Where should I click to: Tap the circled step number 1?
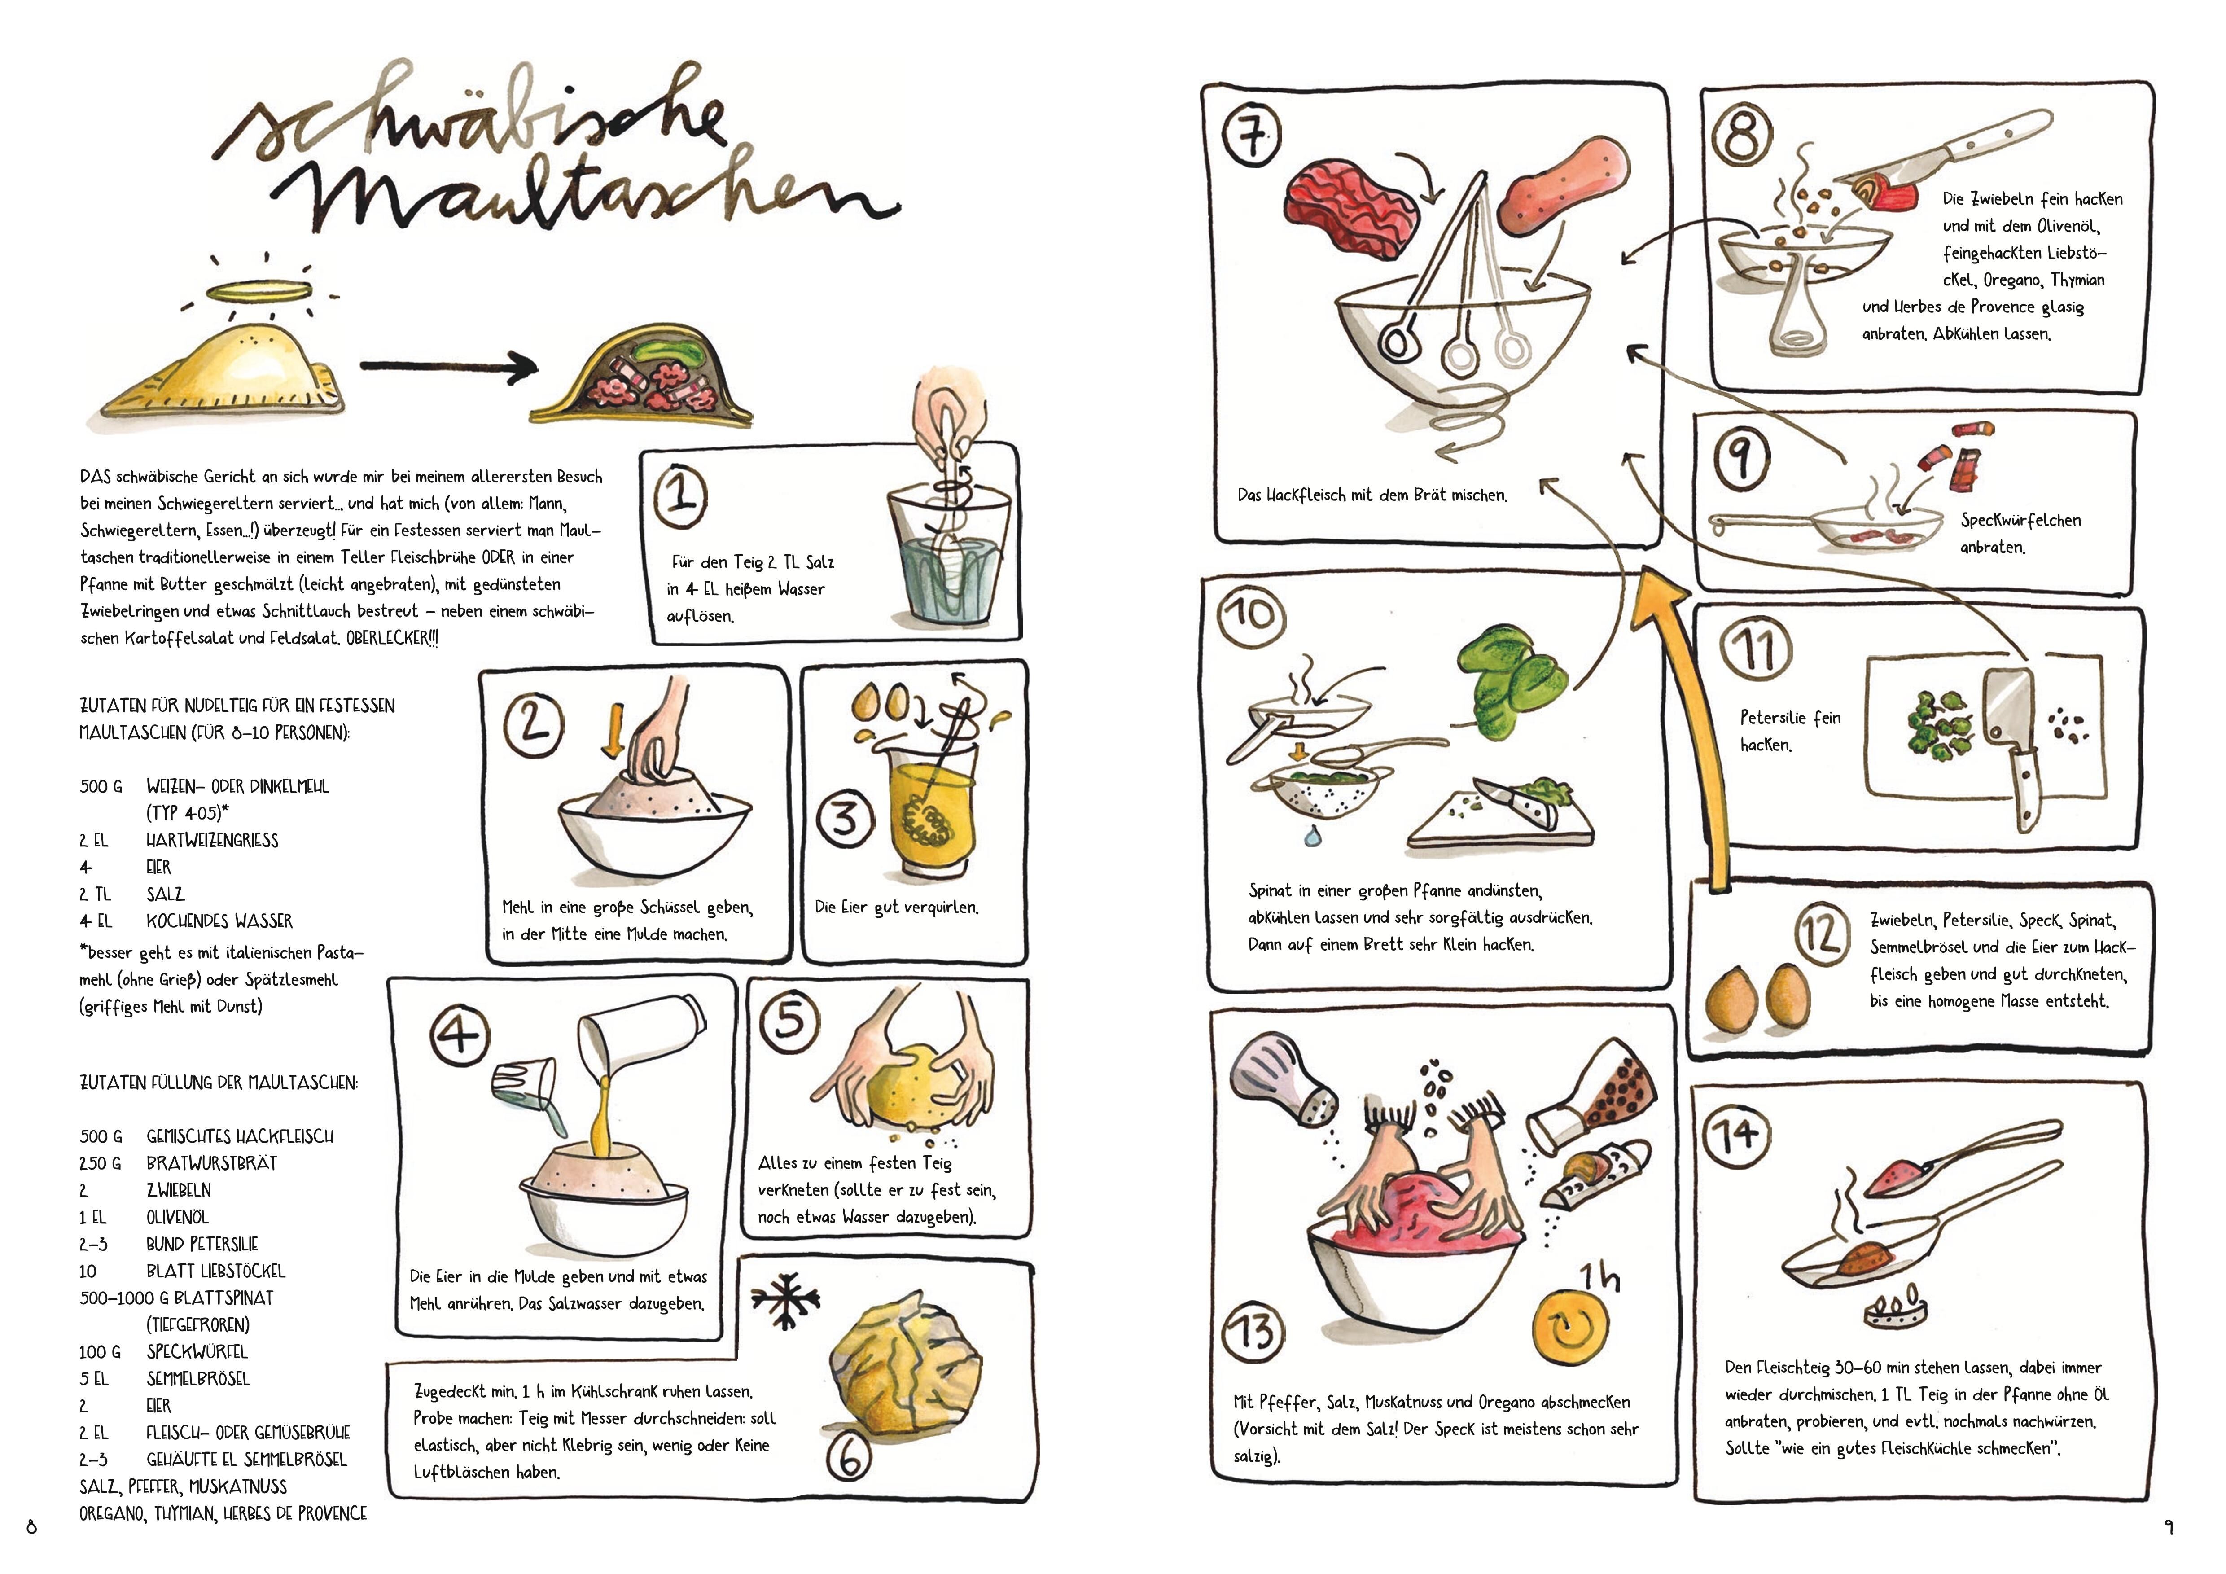(x=682, y=495)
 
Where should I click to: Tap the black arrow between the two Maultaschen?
(x=448, y=366)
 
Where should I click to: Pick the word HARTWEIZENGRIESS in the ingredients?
(x=212, y=840)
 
